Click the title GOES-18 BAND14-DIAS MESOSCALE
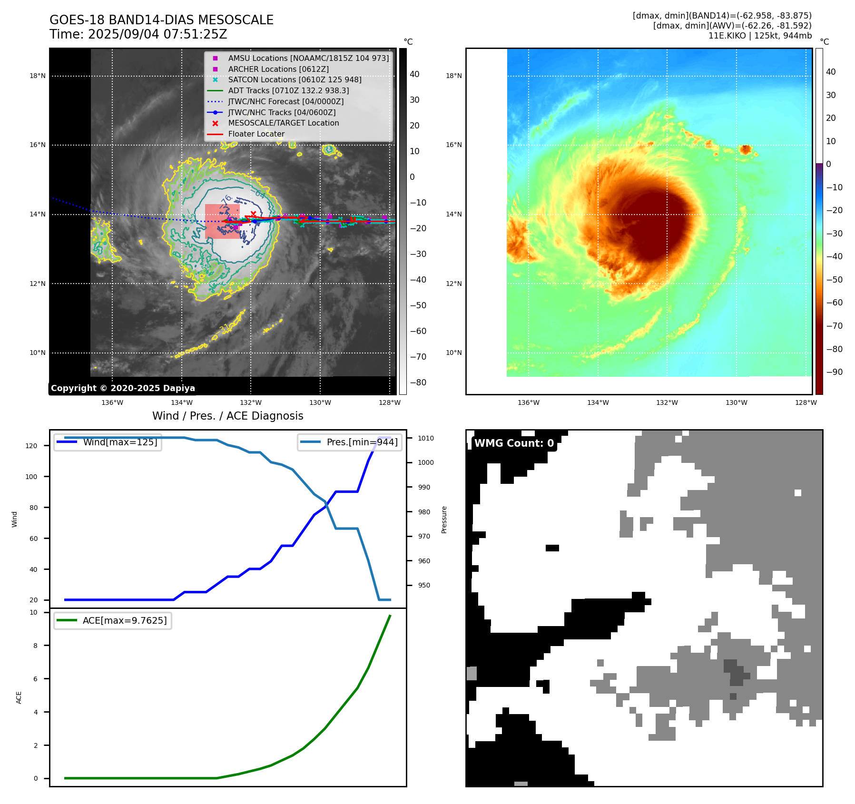(161, 20)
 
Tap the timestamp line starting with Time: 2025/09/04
(138, 34)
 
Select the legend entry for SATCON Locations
(295, 79)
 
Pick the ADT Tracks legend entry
(288, 90)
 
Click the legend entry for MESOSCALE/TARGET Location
(284, 123)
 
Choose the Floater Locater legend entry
(256, 134)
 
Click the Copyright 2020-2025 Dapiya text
(123, 388)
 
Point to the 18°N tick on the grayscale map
(38, 76)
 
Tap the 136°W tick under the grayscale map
(112, 402)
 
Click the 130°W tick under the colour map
(736, 402)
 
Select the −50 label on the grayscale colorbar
(418, 305)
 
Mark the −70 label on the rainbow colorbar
(834, 326)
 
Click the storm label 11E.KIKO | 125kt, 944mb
(760, 36)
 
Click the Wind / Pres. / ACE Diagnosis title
(227, 416)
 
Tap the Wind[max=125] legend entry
(120, 442)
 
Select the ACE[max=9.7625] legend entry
(125, 620)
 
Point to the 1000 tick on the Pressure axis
(425, 462)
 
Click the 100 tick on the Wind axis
(31, 477)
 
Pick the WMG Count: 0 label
(514, 443)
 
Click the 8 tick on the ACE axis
(36, 646)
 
